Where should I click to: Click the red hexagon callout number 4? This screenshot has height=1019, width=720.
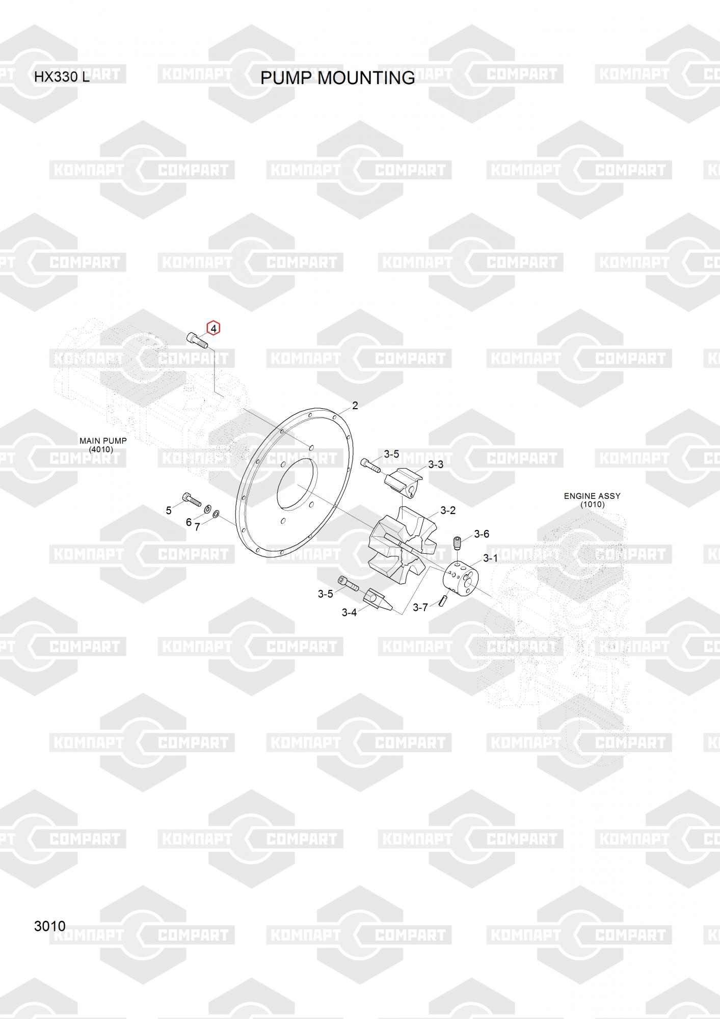[214, 329]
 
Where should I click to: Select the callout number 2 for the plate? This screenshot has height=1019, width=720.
[355, 406]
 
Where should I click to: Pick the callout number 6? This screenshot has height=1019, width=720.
[189, 522]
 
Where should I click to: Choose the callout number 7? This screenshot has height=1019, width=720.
[197, 527]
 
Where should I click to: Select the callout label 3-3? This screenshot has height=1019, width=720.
[436, 465]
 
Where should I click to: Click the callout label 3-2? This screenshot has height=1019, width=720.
[448, 511]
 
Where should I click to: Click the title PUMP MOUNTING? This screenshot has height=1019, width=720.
[337, 78]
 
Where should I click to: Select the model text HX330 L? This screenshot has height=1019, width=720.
[62, 77]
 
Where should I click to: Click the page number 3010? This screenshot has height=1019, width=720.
[50, 926]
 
